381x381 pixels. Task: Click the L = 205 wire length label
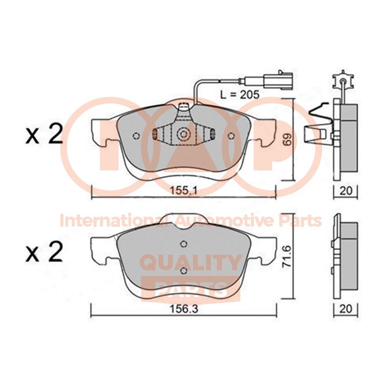coord(240,94)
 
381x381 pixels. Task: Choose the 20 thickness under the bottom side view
coord(346,309)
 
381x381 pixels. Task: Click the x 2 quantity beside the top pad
coord(44,135)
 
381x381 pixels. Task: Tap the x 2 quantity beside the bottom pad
coord(44,252)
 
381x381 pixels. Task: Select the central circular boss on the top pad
coord(183,134)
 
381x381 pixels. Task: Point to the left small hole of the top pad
coord(137,136)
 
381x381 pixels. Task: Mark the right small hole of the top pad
coord(231,136)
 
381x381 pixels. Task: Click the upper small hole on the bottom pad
coord(183,244)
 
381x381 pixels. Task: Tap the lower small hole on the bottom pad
coord(183,270)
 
